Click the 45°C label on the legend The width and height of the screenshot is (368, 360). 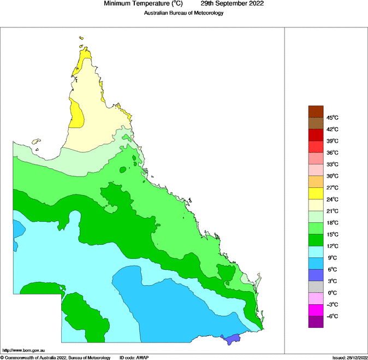pos(333,117)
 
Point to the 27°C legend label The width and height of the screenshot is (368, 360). pos(333,188)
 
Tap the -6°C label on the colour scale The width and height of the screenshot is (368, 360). pos(332,316)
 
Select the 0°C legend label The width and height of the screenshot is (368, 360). pos(332,293)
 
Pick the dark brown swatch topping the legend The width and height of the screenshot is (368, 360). pos(316,111)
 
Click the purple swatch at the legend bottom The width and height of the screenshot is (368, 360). pos(316,322)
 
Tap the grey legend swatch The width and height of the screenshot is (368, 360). pos(316,287)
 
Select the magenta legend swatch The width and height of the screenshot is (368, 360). pos(316,310)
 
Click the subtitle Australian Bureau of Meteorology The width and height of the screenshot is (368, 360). pos(183,13)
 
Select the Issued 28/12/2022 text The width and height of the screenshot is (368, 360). pos(349,357)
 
